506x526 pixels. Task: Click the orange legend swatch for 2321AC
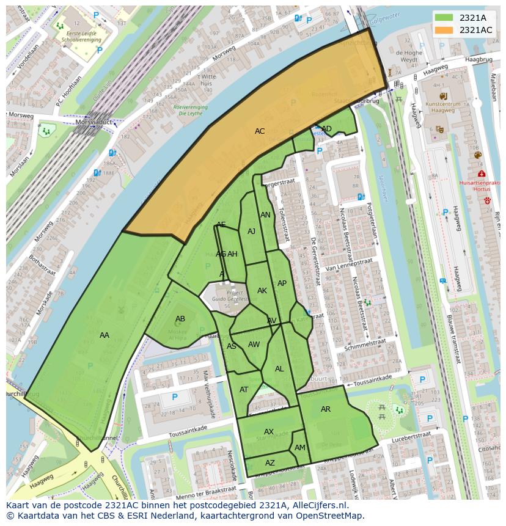444,30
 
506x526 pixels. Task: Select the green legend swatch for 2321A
444,18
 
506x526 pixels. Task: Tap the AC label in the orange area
260,131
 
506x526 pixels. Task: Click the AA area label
105,335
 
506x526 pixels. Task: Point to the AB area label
180,319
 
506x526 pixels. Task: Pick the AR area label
326,409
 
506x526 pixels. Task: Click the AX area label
269,432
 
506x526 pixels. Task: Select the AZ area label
270,463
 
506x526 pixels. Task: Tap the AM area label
300,448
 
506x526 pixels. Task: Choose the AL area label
279,369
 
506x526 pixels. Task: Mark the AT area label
244,390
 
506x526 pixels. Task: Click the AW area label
254,345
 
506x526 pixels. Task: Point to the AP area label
282,283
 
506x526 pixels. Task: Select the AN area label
265,215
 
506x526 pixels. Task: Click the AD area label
327,128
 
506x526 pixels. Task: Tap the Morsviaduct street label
90,122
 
